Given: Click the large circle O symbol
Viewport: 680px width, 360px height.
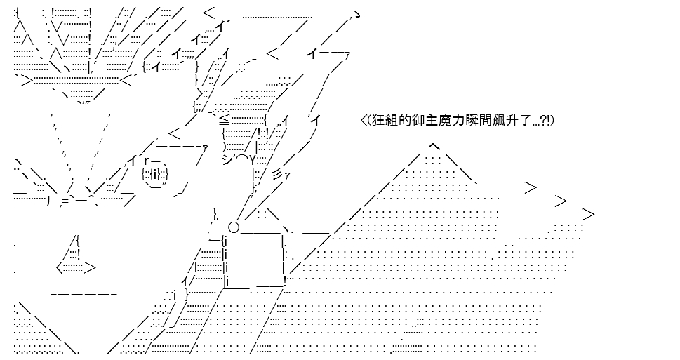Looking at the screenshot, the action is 233,227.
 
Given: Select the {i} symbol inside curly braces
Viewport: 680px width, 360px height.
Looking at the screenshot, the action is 155,174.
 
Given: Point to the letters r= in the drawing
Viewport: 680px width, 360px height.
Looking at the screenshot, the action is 150,161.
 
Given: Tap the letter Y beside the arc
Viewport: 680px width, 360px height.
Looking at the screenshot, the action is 253,161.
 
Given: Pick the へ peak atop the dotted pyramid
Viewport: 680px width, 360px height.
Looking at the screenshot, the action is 434,147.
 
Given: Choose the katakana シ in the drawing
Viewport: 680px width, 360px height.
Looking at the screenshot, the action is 227,161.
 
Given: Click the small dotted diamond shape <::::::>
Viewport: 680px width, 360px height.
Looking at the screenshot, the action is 76,268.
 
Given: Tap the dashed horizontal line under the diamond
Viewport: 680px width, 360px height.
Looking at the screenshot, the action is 84,295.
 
